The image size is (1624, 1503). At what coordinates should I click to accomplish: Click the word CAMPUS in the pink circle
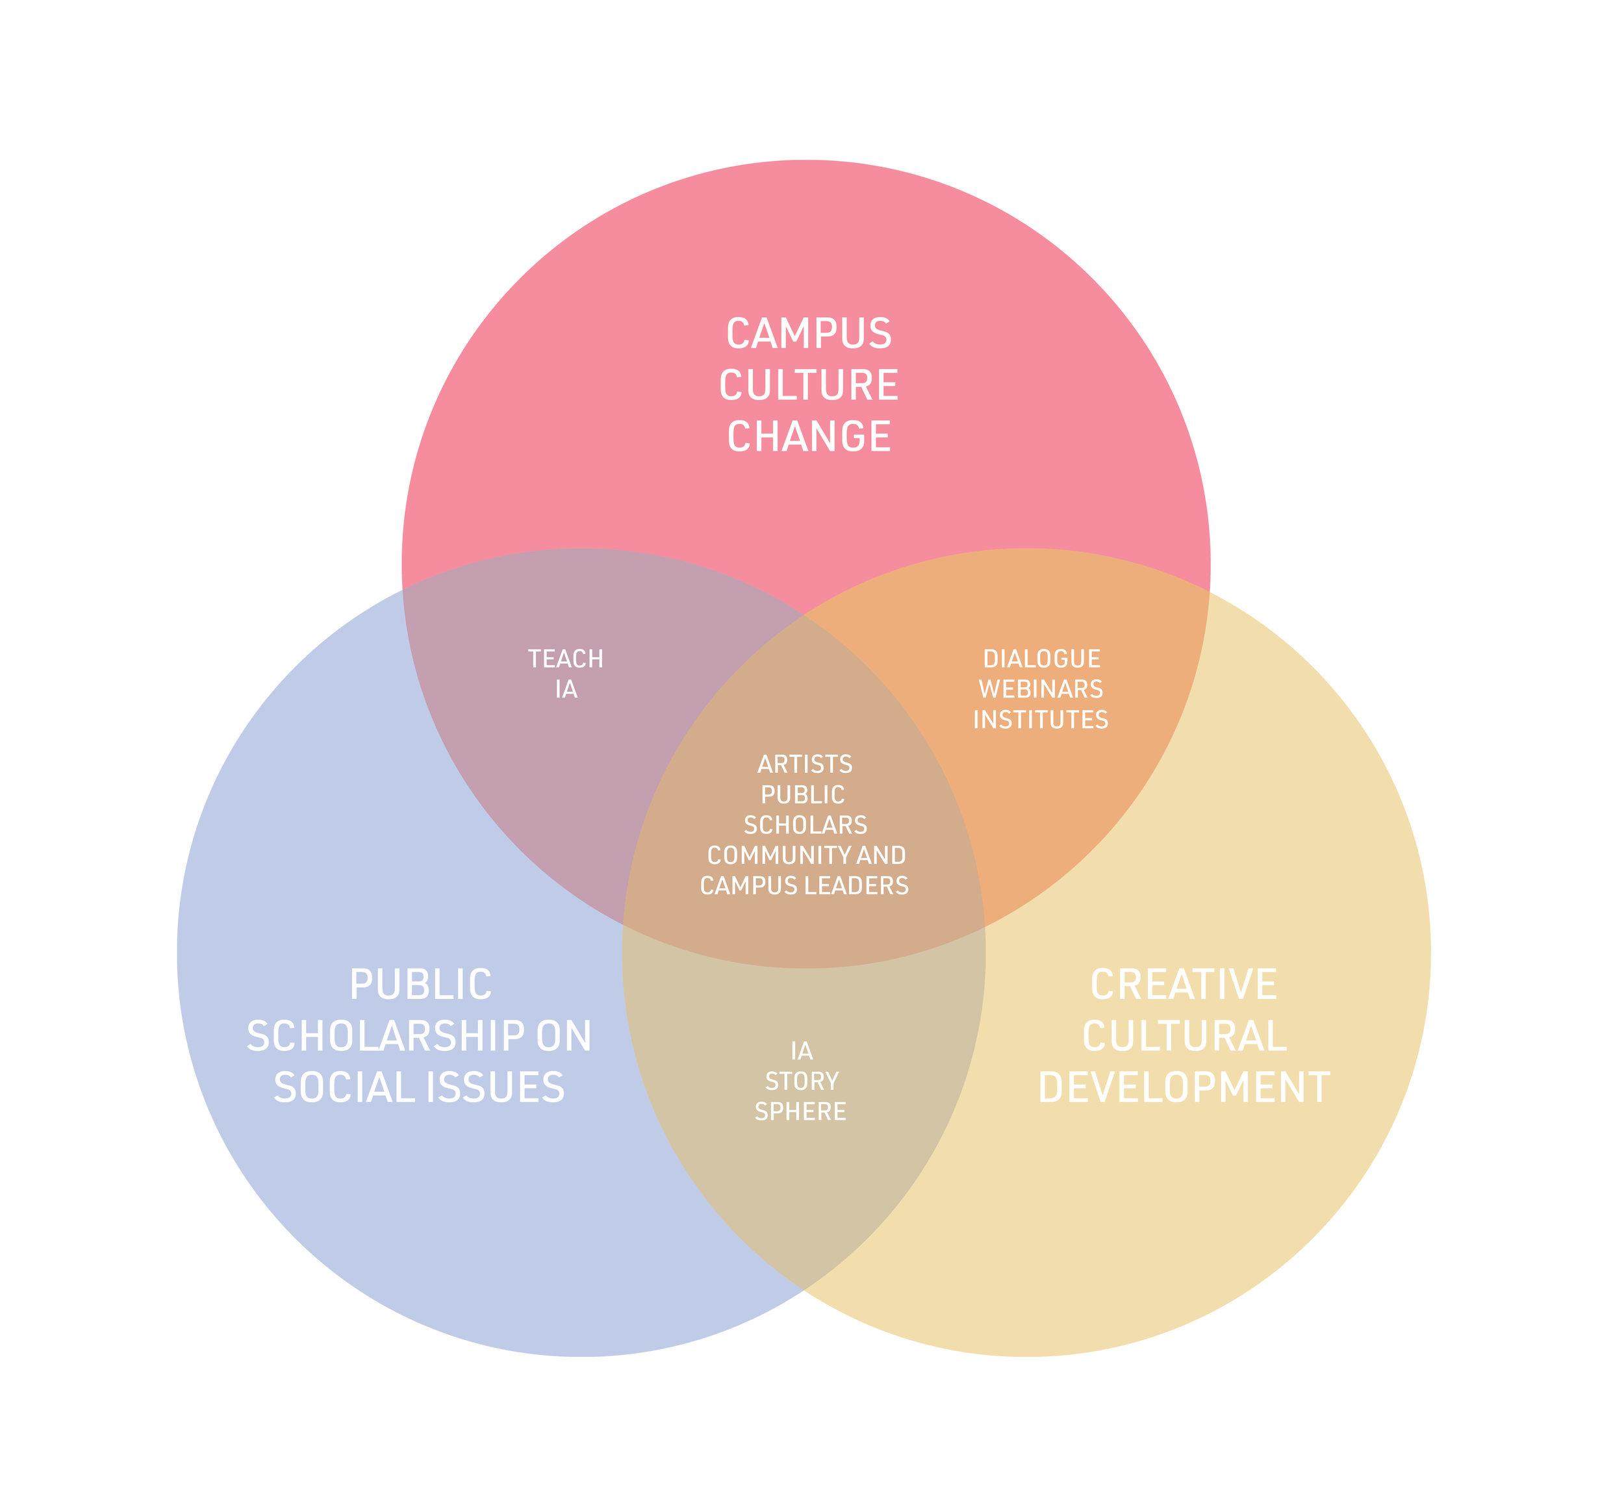(808, 335)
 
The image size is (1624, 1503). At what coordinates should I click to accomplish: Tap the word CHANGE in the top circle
(808, 436)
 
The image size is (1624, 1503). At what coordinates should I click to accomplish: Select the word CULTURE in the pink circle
(808, 386)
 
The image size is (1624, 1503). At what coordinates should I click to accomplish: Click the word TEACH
(565, 659)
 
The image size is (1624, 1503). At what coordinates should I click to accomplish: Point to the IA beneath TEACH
(566, 690)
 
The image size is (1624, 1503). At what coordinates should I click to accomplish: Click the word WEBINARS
(1041, 690)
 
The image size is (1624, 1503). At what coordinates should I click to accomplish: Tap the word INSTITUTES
(1041, 720)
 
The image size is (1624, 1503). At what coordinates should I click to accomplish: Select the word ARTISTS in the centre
(805, 764)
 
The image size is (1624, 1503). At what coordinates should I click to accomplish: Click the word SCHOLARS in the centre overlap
(805, 826)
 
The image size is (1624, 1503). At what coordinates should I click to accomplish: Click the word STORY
(802, 1081)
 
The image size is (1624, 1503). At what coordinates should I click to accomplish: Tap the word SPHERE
(801, 1112)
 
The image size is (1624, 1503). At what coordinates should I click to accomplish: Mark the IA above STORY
(802, 1052)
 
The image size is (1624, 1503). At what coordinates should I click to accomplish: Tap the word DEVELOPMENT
(1184, 1088)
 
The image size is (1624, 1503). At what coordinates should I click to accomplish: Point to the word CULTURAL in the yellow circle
(1184, 1037)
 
